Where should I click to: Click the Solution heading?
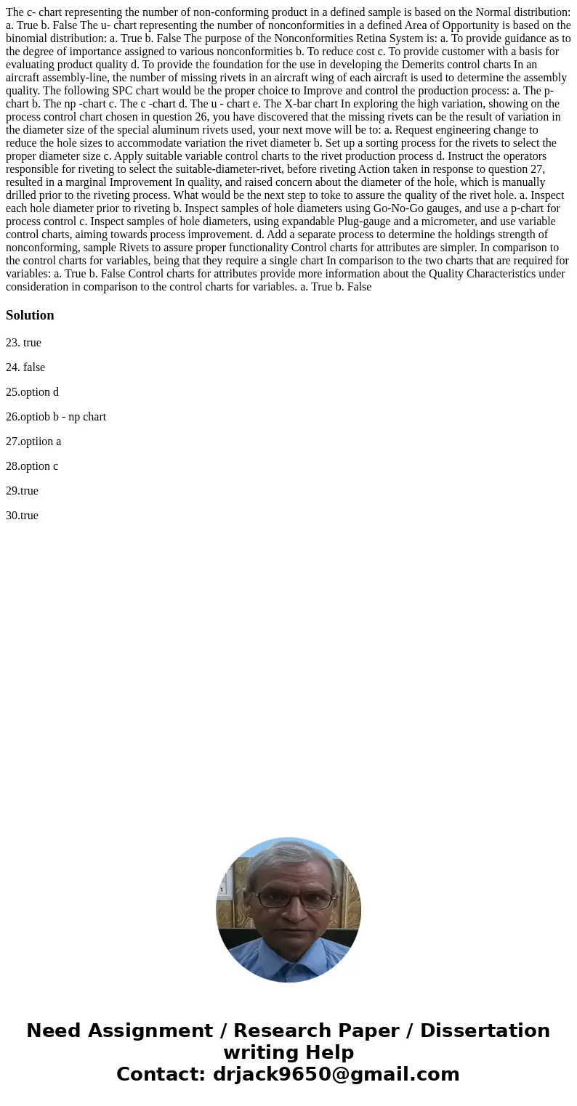click(x=30, y=315)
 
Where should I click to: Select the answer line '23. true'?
click(x=23, y=343)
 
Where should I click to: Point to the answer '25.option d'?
click(x=32, y=392)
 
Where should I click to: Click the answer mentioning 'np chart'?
click(x=56, y=417)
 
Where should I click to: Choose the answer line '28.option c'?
click(x=32, y=466)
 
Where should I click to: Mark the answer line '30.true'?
click(x=22, y=516)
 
